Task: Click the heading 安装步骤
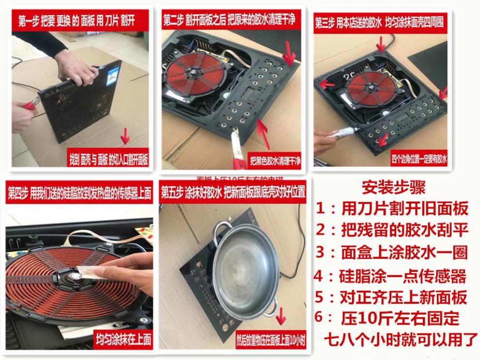pos(393,187)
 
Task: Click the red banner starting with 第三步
pos(379,23)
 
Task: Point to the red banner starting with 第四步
pos(79,193)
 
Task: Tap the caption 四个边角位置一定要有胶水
pos(419,159)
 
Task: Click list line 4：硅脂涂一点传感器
pos(390,276)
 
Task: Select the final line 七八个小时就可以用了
pos(400,339)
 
